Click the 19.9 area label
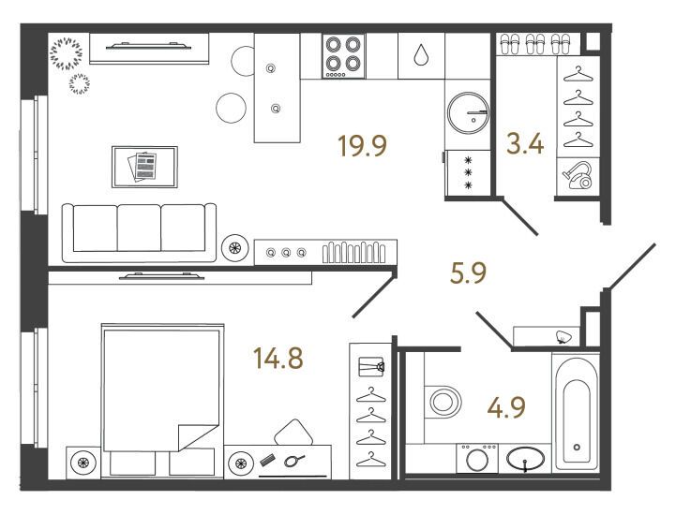pos(363,145)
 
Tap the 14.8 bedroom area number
pos(278,359)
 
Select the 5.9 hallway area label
pos(468,273)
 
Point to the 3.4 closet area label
pos(525,144)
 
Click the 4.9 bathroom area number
pos(506,407)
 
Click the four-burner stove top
pos(343,56)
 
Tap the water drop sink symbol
pos(421,55)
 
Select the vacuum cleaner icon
pos(578,175)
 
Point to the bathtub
pos(577,412)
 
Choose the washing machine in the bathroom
pos(477,459)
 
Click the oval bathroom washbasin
pos(525,459)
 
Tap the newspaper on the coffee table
pos(143,167)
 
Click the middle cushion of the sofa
pos(139,228)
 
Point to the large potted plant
pos(66,53)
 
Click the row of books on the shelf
pos(354,252)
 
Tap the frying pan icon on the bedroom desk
pos(294,461)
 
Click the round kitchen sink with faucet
pos(468,112)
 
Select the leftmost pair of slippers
pos(511,44)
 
